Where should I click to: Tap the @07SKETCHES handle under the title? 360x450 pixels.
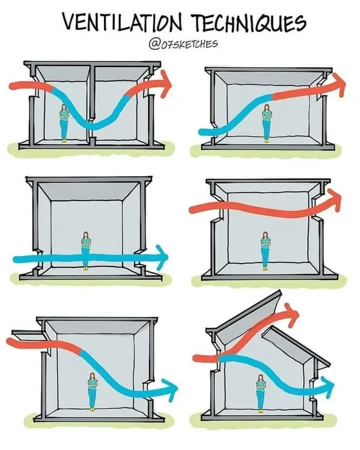pos(183,44)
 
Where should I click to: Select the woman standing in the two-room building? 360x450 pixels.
pos(64,123)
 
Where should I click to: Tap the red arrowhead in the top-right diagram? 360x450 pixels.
pos(339,84)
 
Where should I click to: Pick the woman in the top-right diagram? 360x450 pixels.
pos(267,123)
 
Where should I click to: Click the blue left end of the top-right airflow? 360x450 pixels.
pos(203,132)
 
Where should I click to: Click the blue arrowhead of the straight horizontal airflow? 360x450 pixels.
pos(162,256)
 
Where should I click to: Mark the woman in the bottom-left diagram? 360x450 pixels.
pos(92,391)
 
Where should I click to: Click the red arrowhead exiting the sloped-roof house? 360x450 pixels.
pos(291,314)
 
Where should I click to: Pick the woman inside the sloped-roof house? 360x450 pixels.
pos(260,393)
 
